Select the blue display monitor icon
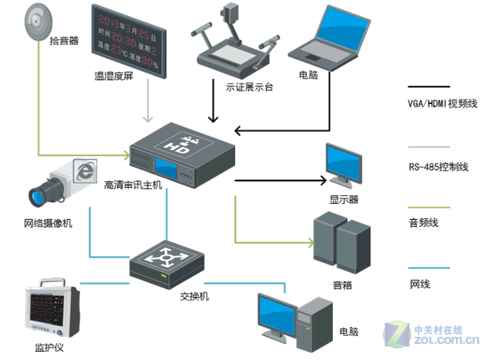click(x=342, y=166)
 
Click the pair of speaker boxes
click(x=341, y=246)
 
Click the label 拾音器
click(x=64, y=41)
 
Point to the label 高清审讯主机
click(x=133, y=185)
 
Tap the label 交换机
click(x=194, y=296)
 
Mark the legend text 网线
click(x=419, y=284)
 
